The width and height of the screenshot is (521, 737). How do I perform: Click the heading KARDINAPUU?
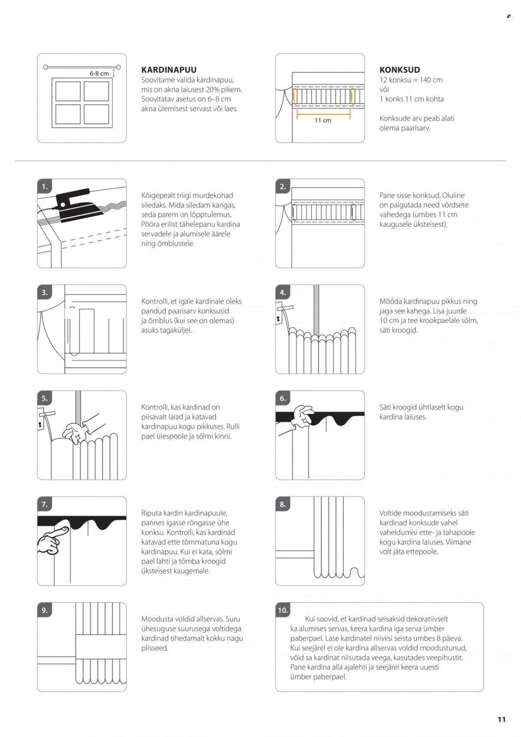pos(169,70)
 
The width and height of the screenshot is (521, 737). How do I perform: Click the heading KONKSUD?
pos(399,70)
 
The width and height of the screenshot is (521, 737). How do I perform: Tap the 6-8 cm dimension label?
pos(99,73)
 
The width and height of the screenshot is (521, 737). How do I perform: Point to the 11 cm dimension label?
pos(323,120)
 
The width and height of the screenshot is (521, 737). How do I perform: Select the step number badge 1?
pos(45,187)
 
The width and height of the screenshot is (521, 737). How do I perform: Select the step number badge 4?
pos(283,293)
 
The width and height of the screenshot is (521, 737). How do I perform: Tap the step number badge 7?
pos(45,505)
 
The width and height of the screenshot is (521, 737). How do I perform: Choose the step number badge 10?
pos(283,610)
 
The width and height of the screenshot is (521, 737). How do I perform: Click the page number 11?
pos(501,719)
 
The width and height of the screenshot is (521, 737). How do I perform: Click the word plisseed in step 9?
pos(155,648)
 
